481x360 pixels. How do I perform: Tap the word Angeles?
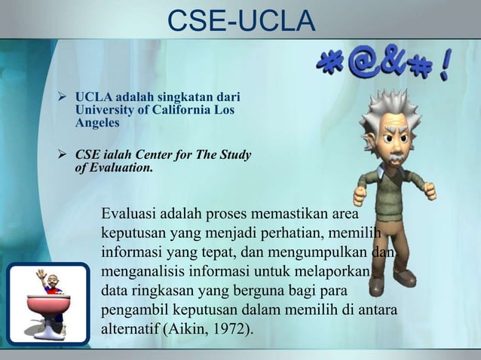coord(97,123)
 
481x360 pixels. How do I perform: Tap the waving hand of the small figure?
coord(41,276)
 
